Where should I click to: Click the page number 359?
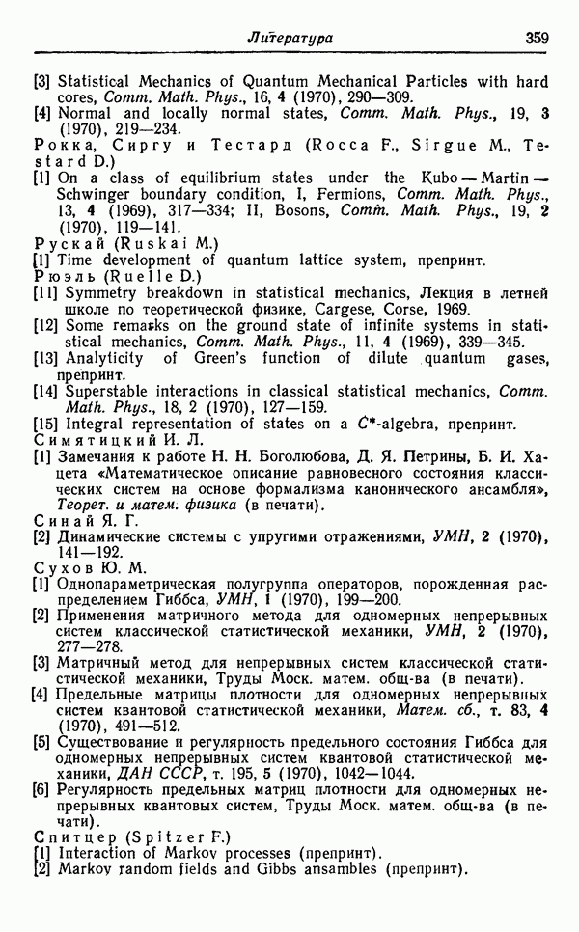coord(537,39)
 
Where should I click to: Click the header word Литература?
coord(290,39)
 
